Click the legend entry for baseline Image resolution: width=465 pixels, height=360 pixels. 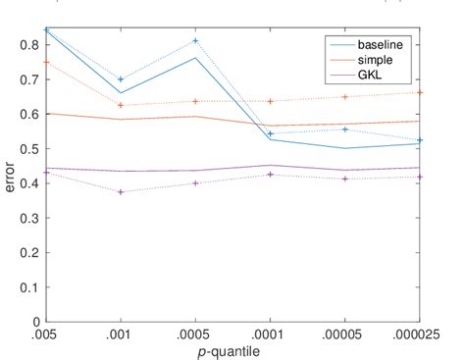coord(377,45)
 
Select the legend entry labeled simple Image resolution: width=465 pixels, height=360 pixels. coord(373,60)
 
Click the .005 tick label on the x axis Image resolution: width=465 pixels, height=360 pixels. coord(44,334)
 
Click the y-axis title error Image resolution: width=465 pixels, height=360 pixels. coord(11,174)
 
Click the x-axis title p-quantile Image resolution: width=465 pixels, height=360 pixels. coord(232,350)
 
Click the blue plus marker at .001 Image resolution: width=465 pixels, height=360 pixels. coord(120,79)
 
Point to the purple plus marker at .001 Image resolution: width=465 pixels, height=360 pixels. coord(120,192)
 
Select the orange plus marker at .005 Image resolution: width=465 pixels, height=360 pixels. coord(44,62)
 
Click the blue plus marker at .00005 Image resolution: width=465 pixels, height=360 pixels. coord(345,129)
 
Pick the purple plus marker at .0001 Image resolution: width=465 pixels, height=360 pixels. coord(271,175)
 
